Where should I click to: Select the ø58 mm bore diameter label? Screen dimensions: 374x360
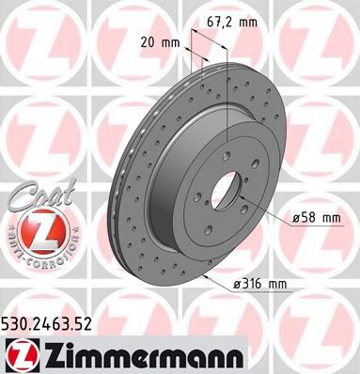317,219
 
